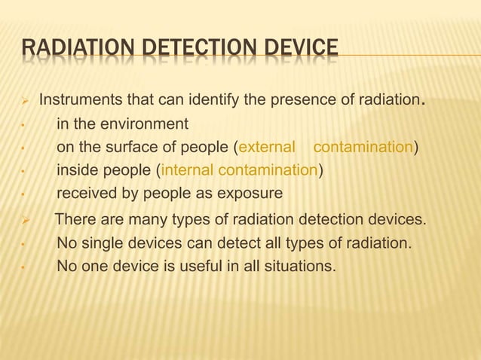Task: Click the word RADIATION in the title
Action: coord(67,51)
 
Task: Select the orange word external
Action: coord(266,147)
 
